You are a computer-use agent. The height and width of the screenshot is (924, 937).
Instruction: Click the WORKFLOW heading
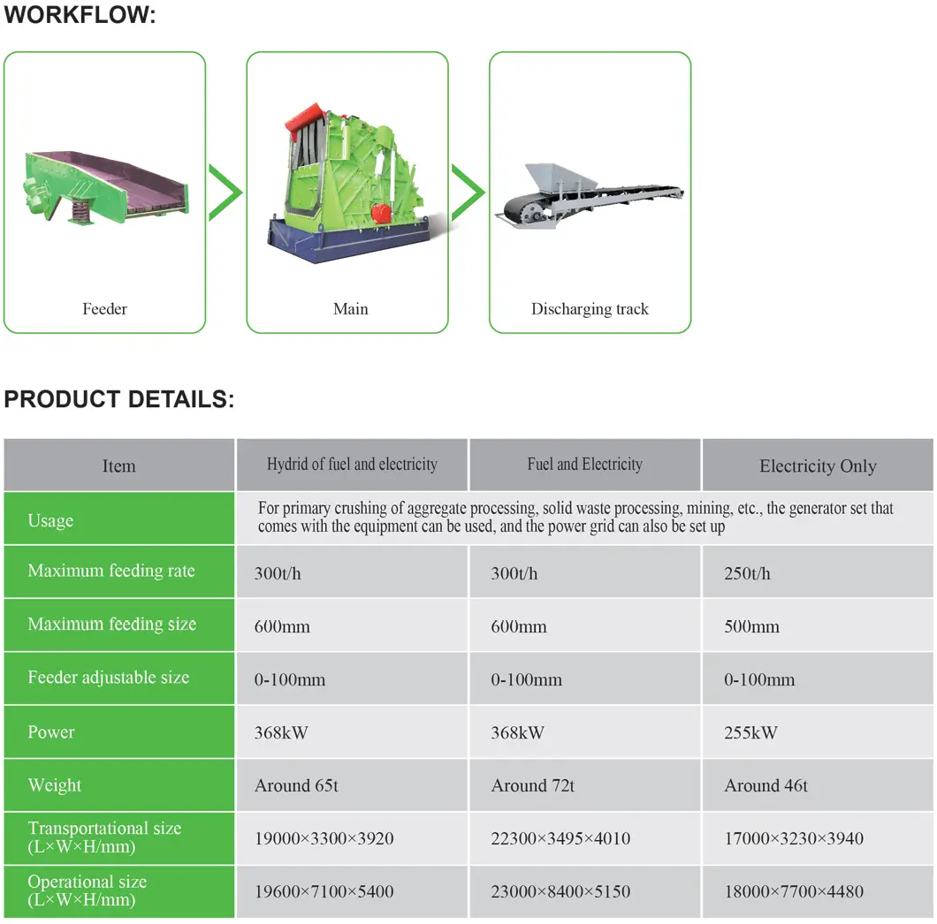click(80, 14)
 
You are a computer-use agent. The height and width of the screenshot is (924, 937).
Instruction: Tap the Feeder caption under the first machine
click(104, 309)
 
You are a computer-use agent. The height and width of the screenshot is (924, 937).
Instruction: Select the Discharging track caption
click(590, 309)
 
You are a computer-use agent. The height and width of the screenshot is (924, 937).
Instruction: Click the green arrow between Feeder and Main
click(225, 193)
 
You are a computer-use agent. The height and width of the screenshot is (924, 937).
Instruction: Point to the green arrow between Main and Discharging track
click(468, 193)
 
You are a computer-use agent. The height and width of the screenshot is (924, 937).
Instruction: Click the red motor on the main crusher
click(380, 213)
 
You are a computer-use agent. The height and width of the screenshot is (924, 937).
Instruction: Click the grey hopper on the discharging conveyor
click(559, 178)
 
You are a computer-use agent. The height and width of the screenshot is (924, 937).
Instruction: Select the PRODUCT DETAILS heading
click(119, 399)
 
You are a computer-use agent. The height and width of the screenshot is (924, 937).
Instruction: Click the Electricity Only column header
click(818, 466)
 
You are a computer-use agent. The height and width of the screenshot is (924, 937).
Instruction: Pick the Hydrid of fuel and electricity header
click(352, 464)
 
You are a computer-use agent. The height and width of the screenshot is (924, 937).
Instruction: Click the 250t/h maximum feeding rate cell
click(747, 573)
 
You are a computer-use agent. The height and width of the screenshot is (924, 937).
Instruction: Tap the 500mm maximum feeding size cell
click(751, 626)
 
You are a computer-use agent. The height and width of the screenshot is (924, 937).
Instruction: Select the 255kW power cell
click(750, 733)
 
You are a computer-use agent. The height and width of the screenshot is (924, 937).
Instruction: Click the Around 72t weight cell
click(532, 785)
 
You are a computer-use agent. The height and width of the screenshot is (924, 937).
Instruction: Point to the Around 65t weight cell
click(296, 785)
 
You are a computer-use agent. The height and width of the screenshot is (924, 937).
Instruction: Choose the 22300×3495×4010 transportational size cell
click(560, 838)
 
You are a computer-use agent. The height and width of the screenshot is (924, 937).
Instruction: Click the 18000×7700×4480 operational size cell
click(794, 891)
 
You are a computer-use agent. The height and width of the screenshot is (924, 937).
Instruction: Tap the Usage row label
click(50, 521)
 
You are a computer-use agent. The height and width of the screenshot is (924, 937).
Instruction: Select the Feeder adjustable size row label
click(109, 678)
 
